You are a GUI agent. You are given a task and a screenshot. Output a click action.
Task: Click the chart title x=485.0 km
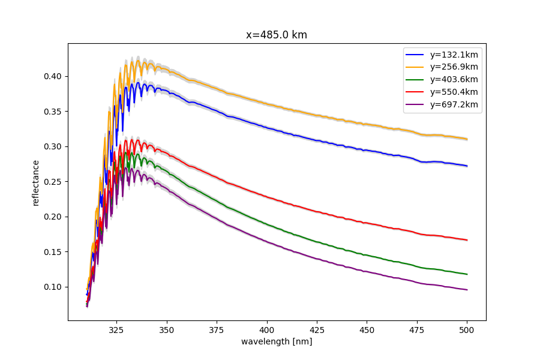277,35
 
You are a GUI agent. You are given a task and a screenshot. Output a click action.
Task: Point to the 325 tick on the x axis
116,329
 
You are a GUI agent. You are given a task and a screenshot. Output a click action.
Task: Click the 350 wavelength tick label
167,329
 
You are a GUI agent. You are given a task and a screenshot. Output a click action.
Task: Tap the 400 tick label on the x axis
267,329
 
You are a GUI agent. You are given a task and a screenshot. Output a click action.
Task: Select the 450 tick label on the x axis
367,329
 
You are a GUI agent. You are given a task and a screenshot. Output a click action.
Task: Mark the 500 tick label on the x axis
467,329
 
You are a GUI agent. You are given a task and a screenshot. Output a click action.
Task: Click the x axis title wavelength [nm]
277,341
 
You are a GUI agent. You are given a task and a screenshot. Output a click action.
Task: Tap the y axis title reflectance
36,182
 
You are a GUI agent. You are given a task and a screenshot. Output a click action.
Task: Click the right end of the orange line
467,139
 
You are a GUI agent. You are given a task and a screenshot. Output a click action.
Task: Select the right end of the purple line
467,290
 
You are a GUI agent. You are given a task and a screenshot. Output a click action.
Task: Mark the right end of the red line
467,240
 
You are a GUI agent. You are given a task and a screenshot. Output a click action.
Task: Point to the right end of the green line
467,274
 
